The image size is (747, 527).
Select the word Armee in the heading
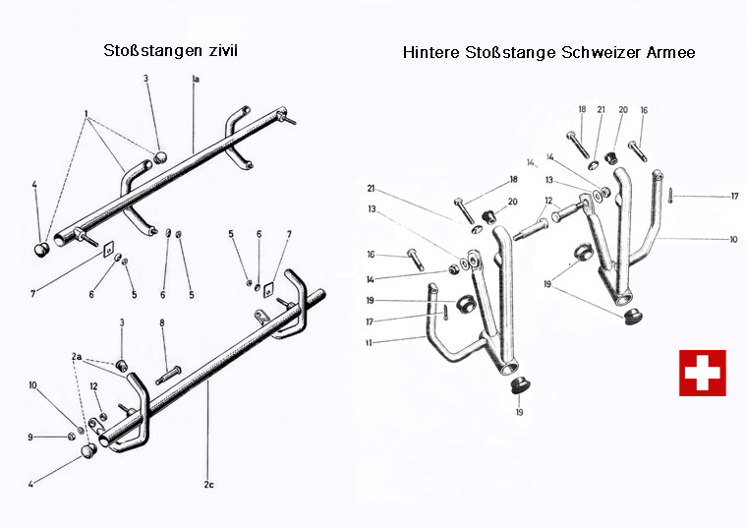pos(670,52)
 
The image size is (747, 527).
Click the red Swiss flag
pos(702,373)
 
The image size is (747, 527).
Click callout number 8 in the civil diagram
pos(163,322)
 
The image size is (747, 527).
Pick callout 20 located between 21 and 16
pos(622,110)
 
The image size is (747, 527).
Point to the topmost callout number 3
pos(148,78)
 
